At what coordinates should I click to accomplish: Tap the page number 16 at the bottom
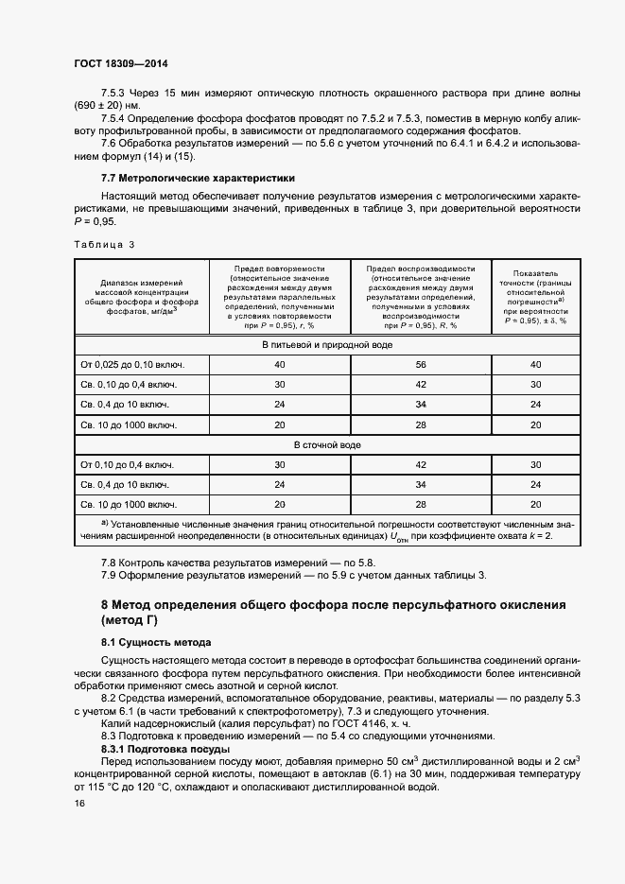(79, 804)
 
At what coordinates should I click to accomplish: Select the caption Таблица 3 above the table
(104, 245)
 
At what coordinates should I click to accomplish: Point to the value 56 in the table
(421, 364)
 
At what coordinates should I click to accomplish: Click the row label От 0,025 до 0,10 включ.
(132, 364)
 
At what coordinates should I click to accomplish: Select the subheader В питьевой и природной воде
(327, 345)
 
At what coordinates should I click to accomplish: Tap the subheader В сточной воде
(327, 444)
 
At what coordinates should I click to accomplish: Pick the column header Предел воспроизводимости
(421, 268)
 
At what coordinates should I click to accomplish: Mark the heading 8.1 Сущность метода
(156, 642)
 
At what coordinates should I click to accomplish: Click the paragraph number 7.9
(109, 575)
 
